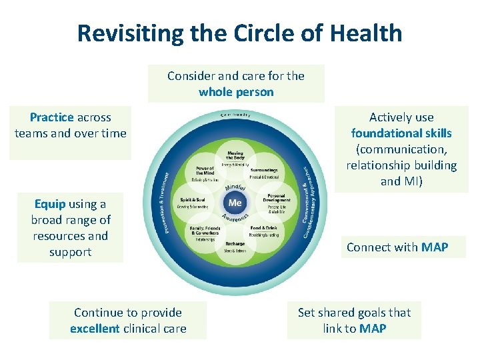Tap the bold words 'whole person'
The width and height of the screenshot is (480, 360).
(x=236, y=92)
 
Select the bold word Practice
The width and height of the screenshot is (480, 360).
(x=52, y=117)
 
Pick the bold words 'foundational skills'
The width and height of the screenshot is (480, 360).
(x=401, y=133)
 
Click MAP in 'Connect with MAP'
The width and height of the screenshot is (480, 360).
(x=435, y=247)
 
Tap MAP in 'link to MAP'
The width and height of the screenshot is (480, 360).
(x=372, y=329)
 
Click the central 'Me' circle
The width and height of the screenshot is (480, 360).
(x=235, y=202)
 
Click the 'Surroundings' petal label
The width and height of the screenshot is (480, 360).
(x=264, y=170)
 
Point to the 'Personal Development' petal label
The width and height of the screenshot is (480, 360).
(x=276, y=197)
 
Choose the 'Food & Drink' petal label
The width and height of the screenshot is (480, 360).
(x=263, y=228)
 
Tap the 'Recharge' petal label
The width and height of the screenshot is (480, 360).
(x=235, y=243)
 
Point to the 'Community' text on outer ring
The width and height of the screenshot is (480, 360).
(x=235, y=115)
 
